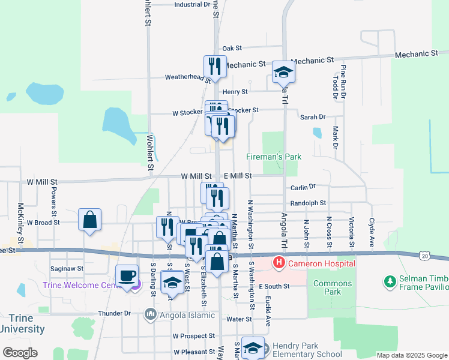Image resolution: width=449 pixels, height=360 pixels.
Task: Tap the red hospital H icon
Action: [x=279, y=263]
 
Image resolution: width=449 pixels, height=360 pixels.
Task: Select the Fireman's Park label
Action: [x=274, y=157]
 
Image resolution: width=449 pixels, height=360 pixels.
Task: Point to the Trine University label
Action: [x=22, y=323]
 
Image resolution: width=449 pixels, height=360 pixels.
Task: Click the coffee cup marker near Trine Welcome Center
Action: [x=127, y=276]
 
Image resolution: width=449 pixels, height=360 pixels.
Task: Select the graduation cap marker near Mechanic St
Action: [x=283, y=73]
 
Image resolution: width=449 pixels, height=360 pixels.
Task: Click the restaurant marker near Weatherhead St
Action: [x=215, y=67]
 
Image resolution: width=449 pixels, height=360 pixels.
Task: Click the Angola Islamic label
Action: [x=179, y=315]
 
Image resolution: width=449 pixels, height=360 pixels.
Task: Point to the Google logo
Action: [x=20, y=353]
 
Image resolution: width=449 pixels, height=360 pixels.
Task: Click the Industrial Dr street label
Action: [x=192, y=4]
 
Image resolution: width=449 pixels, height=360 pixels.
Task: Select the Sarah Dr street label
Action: [x=313, y=117]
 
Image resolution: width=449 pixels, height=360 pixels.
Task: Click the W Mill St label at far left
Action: [x=42, y=181]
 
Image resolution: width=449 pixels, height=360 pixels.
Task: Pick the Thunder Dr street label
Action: [x=114, y=313]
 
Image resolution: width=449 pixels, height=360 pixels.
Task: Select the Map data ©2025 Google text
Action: [x=411, y=355]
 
